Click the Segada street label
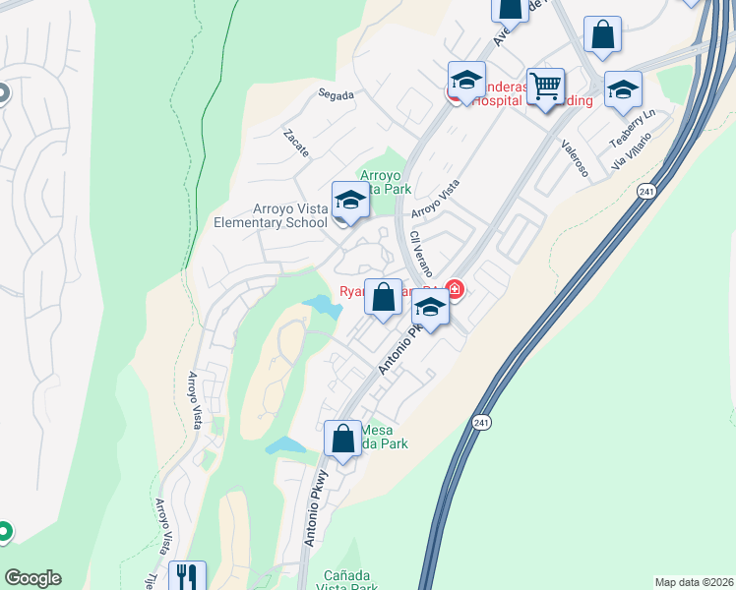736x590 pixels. (x=335, y=95)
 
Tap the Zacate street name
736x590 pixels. (x=296, y=144)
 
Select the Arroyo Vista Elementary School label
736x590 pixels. (x=271, y=215)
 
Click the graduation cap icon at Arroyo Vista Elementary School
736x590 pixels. (x=350, y=201)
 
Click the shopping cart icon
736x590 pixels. (x=545, y=85)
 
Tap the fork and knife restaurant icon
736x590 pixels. (x=187, y=575)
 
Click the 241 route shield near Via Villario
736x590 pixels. (x=645, y=191)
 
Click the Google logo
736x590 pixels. (x=32, y=578)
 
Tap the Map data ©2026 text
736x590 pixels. (x=693, y=581)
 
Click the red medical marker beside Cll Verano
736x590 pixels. (x=454, y=289)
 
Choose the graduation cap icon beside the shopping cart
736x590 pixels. (x=466, y=81)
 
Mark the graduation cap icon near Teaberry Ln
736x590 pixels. (x=623, y=89)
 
